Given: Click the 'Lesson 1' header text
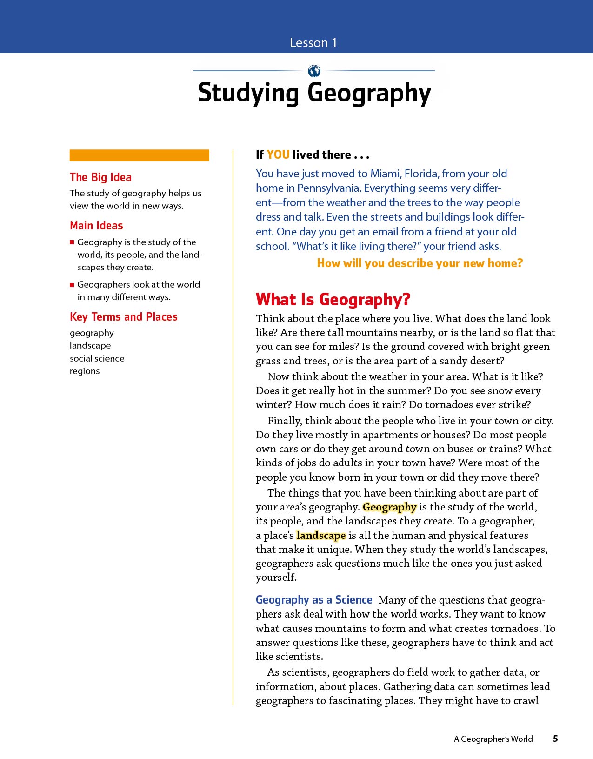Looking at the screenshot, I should click(x=313, y=43).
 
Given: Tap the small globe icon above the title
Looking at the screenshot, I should click(x=314, y=71).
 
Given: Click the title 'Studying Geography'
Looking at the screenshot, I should click(x=314, y=93).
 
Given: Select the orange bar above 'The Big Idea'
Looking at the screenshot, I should click(x=139, y=155).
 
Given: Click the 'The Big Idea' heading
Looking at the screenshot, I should click(x=100, y=177).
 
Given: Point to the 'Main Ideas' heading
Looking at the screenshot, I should click(x=96, y=226).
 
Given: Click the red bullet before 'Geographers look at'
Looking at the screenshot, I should click(x=72, y=285).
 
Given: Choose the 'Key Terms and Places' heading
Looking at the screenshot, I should click(x=123, y=317).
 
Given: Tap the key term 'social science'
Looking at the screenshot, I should click(x=97, y=358).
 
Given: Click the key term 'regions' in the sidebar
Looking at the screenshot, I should click(x=85, y=371).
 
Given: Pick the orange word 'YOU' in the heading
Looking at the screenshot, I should click(x=278, y=154).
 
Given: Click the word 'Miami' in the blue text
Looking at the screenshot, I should click(x=386, y=174).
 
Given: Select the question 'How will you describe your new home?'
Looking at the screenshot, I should click(x=420, y=263).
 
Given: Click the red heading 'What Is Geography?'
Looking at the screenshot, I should click(x=333, y=300).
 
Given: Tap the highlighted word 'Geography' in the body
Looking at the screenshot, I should click(x=389, y=507).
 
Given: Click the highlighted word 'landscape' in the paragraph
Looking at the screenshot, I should click(x=321, y=536).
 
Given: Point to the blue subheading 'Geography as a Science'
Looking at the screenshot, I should click(x=314, y=600).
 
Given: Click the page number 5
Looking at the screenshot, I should click(x=555, y=739).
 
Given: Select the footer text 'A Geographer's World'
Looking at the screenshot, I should click(x=493, y=739).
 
